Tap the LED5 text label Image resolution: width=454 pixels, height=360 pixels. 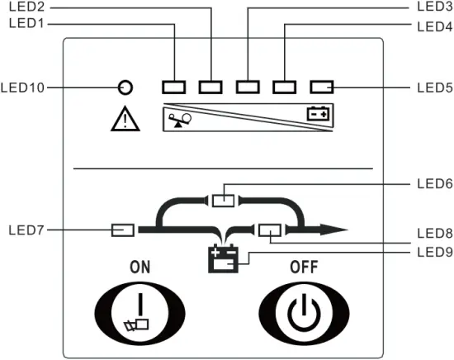433,86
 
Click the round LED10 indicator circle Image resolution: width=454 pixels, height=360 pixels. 125,86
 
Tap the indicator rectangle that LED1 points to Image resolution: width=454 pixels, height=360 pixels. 175,86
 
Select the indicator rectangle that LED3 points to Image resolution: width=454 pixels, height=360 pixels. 248,86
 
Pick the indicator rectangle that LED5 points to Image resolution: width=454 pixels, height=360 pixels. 321,86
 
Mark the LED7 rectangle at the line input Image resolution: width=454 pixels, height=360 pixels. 123,229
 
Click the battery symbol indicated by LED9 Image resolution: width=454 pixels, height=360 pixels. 223,259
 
